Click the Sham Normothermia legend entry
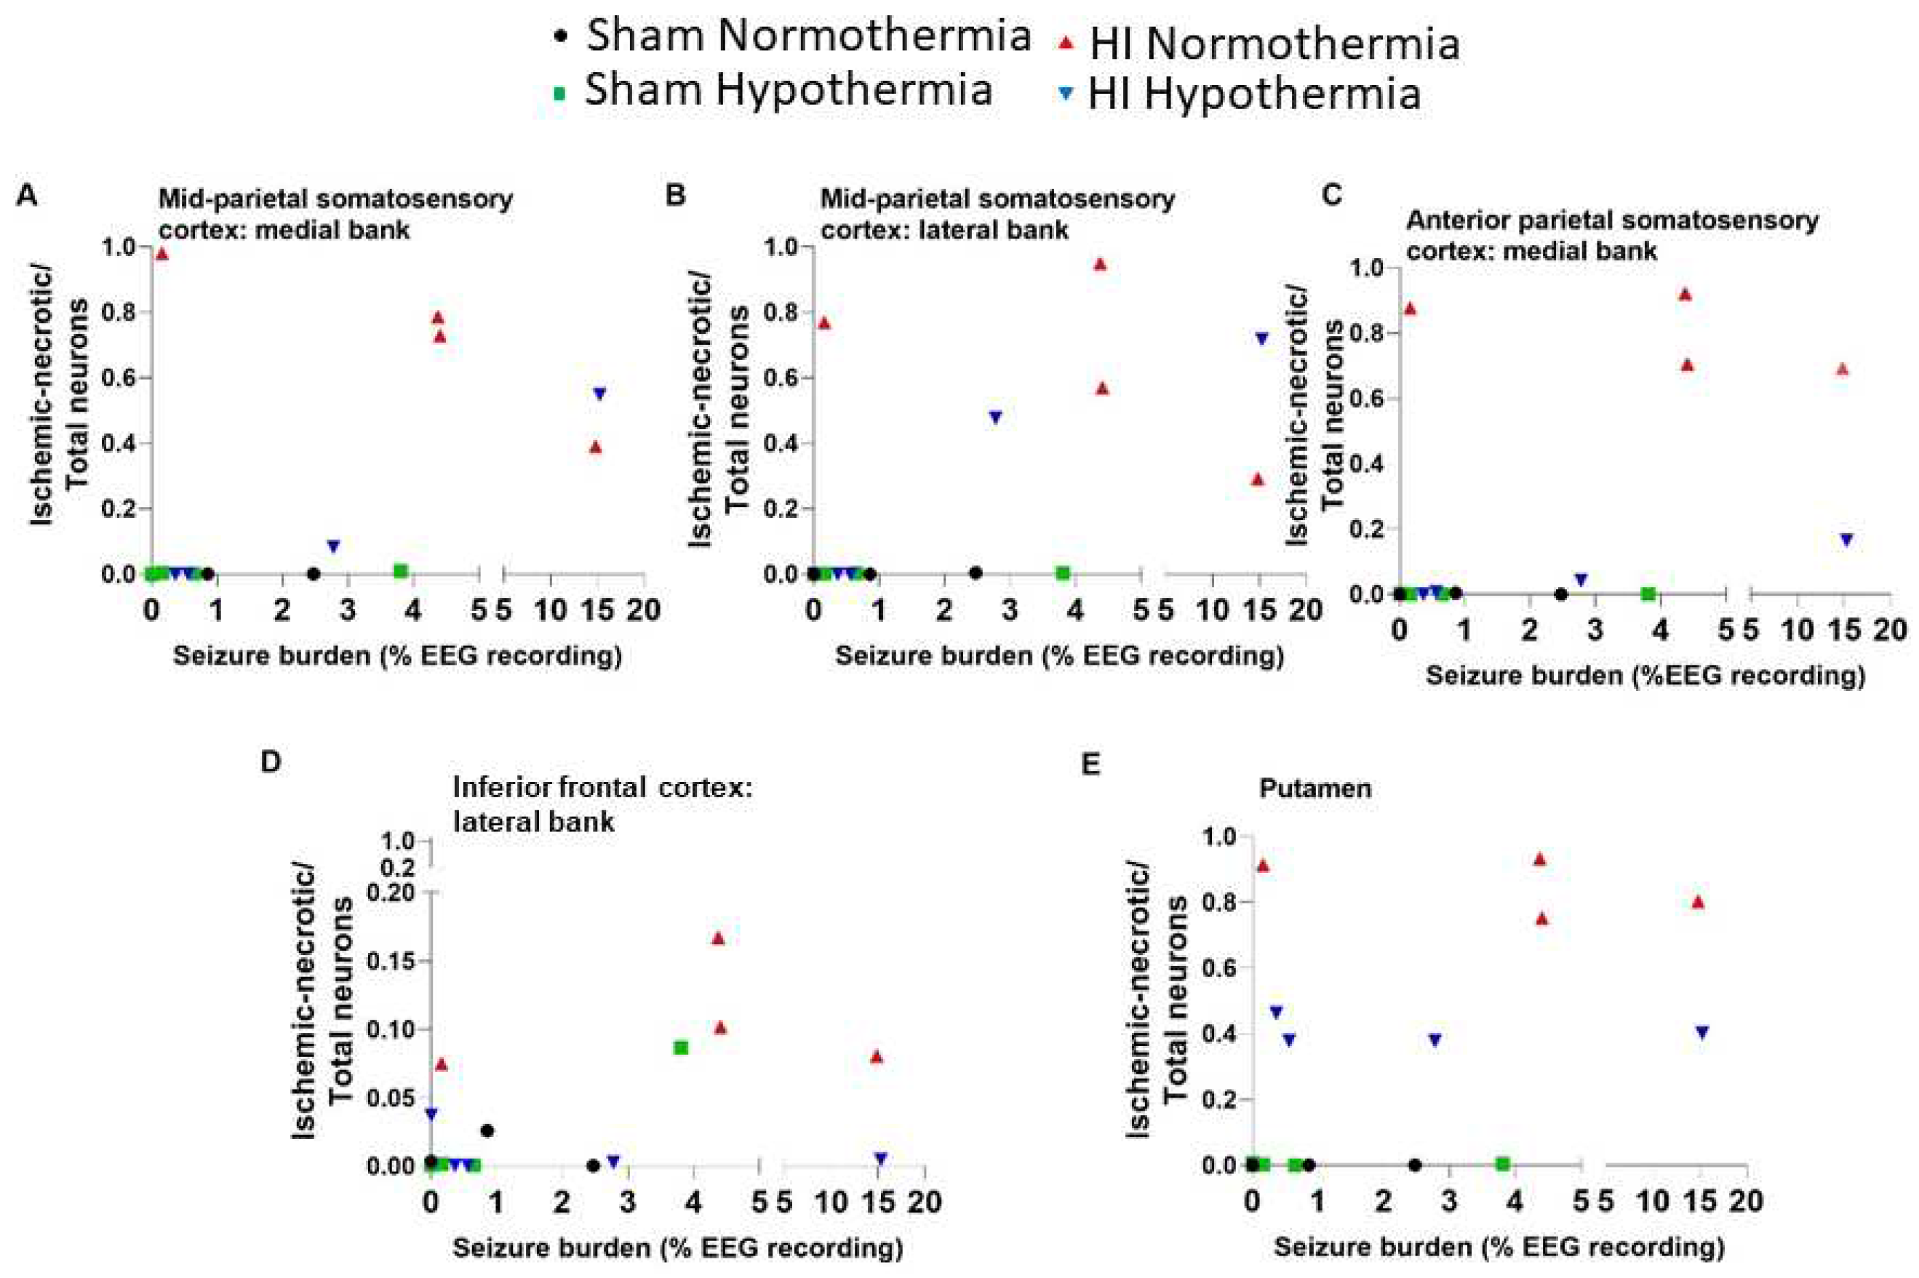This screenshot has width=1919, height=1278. tap(791, 36)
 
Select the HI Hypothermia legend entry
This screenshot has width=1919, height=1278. tap(1239, 94)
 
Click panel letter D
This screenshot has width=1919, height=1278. tap(270, 762)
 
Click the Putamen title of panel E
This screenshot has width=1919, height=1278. tap(1314, 788)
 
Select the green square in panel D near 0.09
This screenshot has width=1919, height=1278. tap(681, 1047)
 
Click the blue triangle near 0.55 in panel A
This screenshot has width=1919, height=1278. tap(599, 394)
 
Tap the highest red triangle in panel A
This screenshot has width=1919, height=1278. tap(161, 253)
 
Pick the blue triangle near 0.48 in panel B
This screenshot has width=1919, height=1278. tap(994, 417)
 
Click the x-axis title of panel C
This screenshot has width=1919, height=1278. tap(1644, 676)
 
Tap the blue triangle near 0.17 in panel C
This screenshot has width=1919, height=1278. tap(1846, 540)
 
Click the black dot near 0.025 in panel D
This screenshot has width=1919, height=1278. tap(487, 1130)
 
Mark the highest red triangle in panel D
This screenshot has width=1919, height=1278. tap(717, 938)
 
